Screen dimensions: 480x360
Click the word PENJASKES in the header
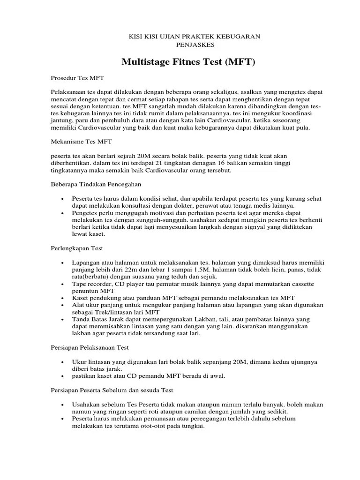point(195,45)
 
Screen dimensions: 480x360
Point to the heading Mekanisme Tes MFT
point(81,141)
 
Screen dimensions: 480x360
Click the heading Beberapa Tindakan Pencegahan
point(96,184)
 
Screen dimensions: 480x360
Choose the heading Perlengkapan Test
point(77,248)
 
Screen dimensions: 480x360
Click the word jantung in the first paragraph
point(60,120)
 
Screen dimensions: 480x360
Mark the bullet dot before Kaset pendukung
point(62,298)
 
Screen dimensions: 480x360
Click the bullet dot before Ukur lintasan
point(62,362)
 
